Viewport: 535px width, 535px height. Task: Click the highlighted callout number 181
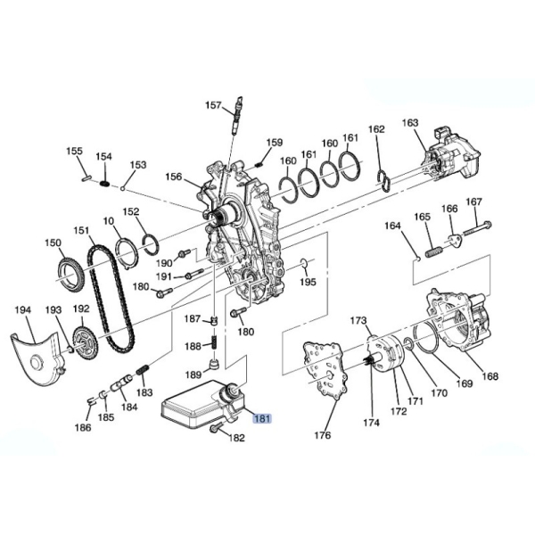point(261,418)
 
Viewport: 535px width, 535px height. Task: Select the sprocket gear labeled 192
point(85,343)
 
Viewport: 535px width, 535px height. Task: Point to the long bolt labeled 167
point(477,228)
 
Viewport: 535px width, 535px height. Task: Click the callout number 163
point(410,122)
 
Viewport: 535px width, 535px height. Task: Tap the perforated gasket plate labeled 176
point(325,371)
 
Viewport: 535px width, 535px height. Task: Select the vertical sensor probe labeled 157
point(237,115)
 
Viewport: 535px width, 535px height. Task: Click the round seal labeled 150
point(70,276)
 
